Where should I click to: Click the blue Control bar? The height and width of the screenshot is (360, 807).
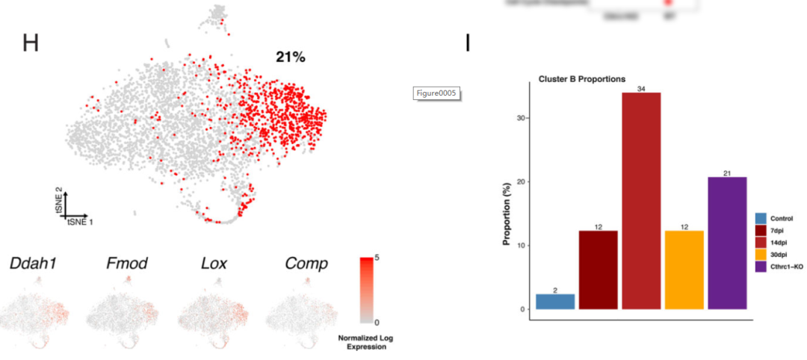[555, 302]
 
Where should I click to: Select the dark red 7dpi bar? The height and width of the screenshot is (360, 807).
[598, 270]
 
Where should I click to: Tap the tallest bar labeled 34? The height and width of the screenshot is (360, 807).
[641, 201]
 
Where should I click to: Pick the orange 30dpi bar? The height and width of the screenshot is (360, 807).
[684, 270]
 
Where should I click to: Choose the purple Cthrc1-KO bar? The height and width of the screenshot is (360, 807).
[727, 243]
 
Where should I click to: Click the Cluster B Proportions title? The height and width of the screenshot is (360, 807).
[582, 79]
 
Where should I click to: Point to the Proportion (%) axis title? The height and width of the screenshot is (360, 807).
[507, 212]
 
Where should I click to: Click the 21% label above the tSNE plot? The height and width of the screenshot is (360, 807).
[290, 57]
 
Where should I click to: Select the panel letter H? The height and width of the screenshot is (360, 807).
[30, 43]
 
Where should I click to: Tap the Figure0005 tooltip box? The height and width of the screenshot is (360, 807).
[436, 93]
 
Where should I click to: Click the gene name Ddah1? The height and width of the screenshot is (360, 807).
[33, 264]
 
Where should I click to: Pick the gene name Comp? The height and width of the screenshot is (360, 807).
[306, 264]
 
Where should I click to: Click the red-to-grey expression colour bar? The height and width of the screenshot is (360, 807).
[366, 290]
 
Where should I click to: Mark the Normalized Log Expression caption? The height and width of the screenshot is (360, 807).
[365, 343]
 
